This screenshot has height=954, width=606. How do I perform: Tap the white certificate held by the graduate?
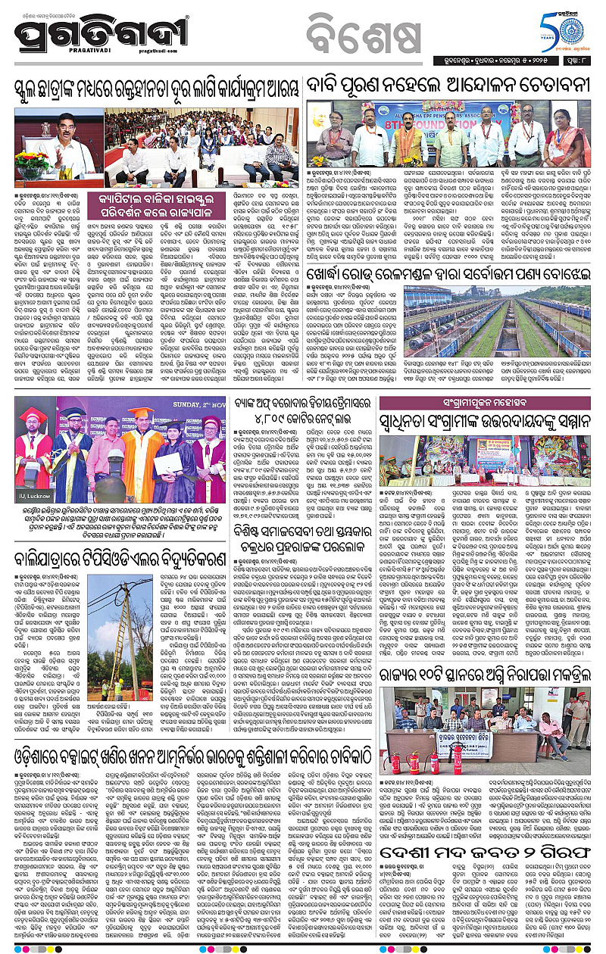coord(164,463)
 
